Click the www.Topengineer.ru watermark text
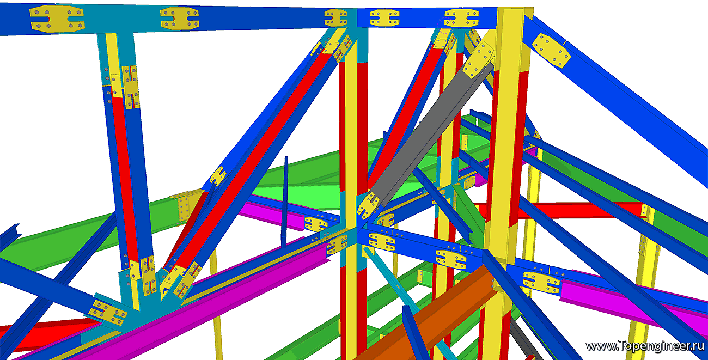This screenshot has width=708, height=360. point(646,346)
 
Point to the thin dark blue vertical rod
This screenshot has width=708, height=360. point(285,202)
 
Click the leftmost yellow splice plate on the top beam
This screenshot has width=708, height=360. point(57,19)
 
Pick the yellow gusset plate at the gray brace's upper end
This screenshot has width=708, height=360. point(479,60)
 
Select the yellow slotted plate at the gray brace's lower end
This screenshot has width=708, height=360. point(368,205)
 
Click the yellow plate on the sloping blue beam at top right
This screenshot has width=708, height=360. point(551,51)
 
